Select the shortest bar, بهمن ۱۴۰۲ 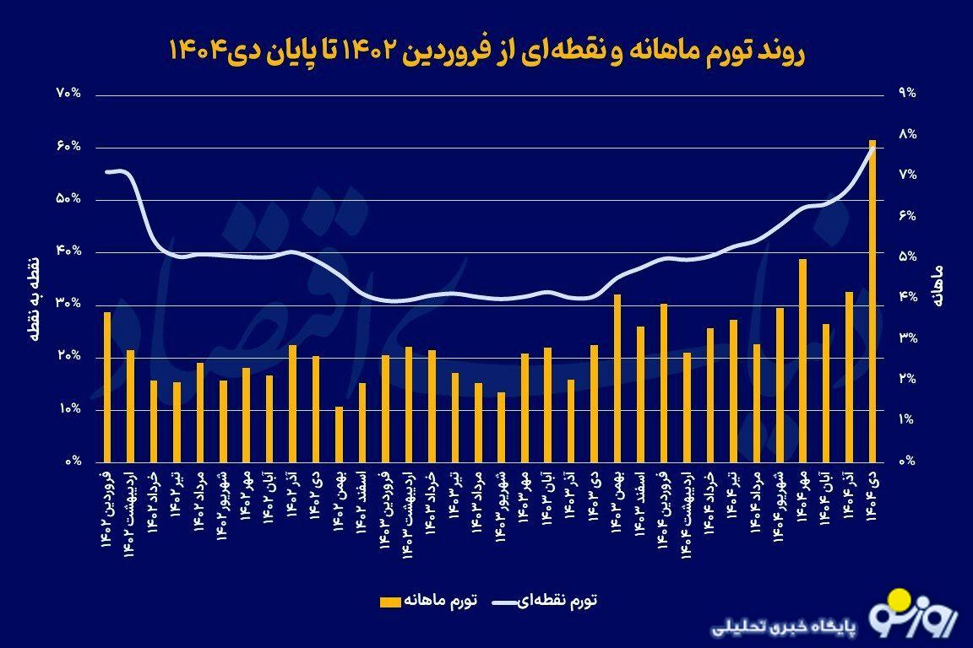(x=340, y=435)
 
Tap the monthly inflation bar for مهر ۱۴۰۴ (x=802, y=360)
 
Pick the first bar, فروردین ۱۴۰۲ (x=107, y=387)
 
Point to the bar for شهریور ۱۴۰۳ (x=501, y=427)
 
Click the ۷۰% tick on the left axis (x=69, y=94)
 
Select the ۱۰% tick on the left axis (x=69, y=409)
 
